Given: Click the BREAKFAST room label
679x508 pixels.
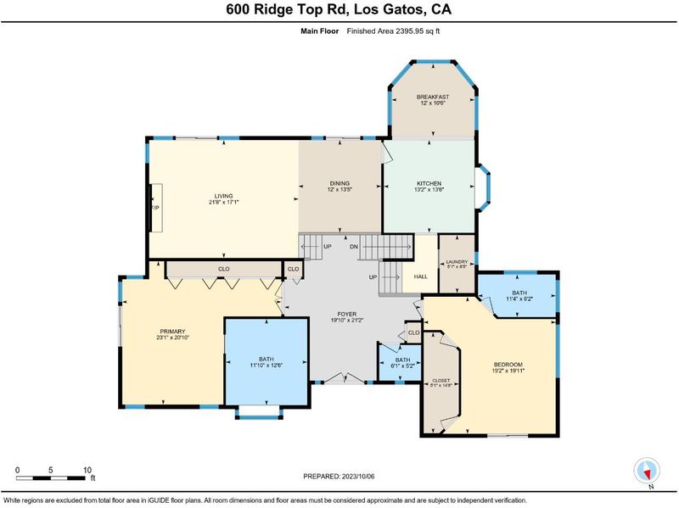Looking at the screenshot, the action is click(x=433, y=97).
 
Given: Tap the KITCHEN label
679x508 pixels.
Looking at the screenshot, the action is click(x=429, y=183).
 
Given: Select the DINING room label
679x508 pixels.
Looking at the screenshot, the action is click(x=339, y=183).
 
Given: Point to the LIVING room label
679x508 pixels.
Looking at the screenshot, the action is click(x=223, y=196).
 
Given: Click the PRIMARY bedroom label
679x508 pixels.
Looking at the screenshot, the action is click(x=173, y=332).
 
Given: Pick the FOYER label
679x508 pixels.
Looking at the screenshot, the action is click(x=347, y=314).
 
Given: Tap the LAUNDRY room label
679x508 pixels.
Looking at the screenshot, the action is click(x=457, y=262).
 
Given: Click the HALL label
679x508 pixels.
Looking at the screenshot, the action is click(x=420, y=276).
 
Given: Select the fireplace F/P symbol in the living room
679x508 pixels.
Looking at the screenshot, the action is click(x=156, y=208).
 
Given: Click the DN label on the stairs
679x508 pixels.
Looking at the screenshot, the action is click(x=354, y=247).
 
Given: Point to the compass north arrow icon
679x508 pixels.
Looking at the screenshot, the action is click(x=647, y=471).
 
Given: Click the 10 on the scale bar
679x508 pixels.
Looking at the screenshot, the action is click(x=87, y=470).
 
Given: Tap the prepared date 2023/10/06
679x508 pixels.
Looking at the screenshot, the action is click(x=357, y=477).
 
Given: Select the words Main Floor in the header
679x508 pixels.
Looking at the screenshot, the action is click(x=320, y=31).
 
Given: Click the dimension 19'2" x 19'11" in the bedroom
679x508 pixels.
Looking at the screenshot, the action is click(x=508, y=371).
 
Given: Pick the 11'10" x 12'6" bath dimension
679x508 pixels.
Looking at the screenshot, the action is click(x=267, y=366).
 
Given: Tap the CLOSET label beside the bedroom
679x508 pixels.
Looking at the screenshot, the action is click(x=441, y=380).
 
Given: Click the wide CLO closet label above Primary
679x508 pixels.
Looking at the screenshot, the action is click(x=224, y=269).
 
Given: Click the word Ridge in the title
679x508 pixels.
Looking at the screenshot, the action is click(x=273, y=9).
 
